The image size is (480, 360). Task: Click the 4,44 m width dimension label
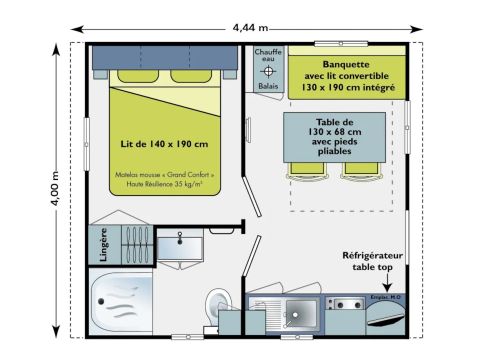(244, 28)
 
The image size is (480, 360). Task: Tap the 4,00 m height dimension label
(56, 187)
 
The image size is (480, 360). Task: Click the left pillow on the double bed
(132, 76)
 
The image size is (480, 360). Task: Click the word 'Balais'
(268, 87)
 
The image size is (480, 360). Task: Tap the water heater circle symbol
(268, 72)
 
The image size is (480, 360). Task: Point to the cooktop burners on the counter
(347, 302)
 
